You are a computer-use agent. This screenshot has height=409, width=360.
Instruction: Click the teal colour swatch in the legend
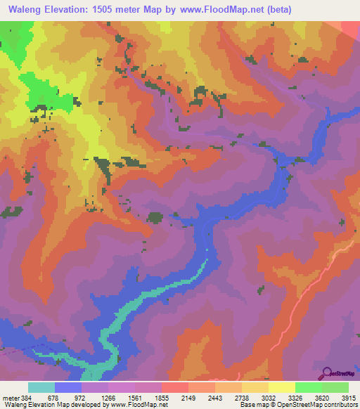41,387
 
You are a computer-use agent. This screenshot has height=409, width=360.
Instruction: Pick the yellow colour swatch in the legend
282,387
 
